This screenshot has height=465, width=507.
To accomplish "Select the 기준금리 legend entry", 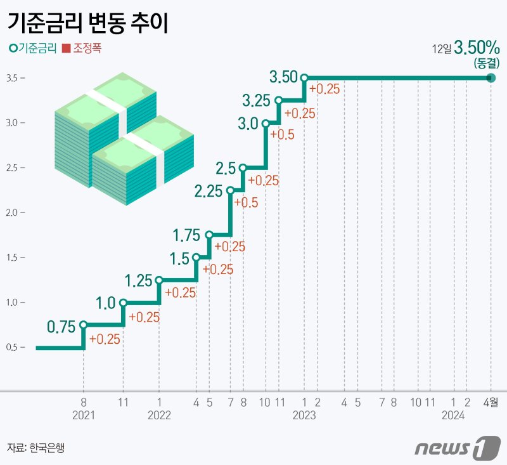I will pyautogui.click(x=33, y=48).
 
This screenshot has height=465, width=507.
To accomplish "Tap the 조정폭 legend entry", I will pyautogui.click(x=82, y=48).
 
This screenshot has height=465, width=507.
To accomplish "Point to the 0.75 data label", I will pyautogui.click(x=61, y=327).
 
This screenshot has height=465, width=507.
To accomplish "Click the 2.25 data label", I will pyautogui.click(x=209, y=191).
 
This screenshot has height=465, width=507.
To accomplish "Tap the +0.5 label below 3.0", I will pyautogui.click(x=281, y=134).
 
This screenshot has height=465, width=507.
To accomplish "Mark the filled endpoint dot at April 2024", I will pyautogui.click(x=491, y=77).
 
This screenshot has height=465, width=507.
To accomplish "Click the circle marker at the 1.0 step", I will pyautogui.click(x=123, y=303).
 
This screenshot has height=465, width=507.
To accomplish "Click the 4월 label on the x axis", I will pyautogui.click(x=491, y=402).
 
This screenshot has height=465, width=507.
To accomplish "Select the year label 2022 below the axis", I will pyautogui.click(x=158, y=416).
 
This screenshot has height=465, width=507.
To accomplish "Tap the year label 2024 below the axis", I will pyautogui.click(x=454, y=416).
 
